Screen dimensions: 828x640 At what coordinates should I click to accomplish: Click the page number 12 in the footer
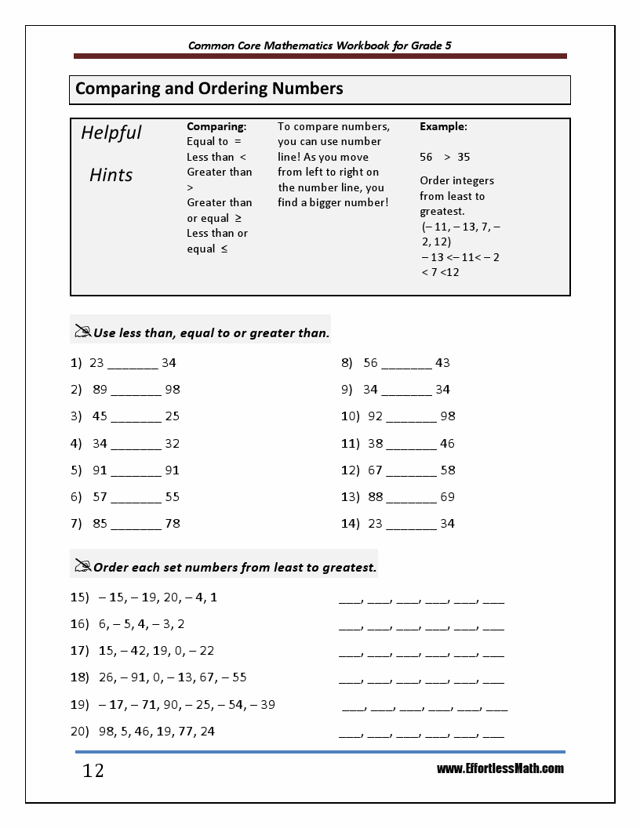click(x=93, y=772)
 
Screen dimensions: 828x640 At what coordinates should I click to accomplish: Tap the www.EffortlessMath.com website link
click(x=500, y=768)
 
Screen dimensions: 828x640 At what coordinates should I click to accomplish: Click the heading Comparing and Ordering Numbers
click(x=209, y=89)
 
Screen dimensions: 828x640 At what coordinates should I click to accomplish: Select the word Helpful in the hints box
click(x=111, y=133)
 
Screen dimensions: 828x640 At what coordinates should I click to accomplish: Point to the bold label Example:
click(x=443, y=126)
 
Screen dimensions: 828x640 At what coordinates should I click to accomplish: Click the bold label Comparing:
click(x=216, y=126)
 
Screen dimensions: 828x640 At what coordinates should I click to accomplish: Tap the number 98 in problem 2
click(x=173, y=390)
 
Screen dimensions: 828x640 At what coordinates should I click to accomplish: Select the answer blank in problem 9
click(x=406, y=391)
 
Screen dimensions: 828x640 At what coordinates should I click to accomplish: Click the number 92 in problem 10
click(x=375, y=416)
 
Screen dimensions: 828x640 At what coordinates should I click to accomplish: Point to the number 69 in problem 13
click(x=447, y=496)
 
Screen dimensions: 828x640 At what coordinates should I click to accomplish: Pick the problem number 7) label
click(x=76, y=523)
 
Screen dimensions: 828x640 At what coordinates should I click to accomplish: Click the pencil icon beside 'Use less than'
click(x=82, y=332)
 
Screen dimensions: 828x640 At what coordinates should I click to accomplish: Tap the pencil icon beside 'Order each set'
click(x=82, y=565)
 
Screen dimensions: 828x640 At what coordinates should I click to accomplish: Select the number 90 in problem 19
click(x=173, y=704)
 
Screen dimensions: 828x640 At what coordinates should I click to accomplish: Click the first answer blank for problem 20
click(x=350, y=735)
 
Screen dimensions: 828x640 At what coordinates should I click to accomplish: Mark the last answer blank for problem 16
click(x=493, y=629)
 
